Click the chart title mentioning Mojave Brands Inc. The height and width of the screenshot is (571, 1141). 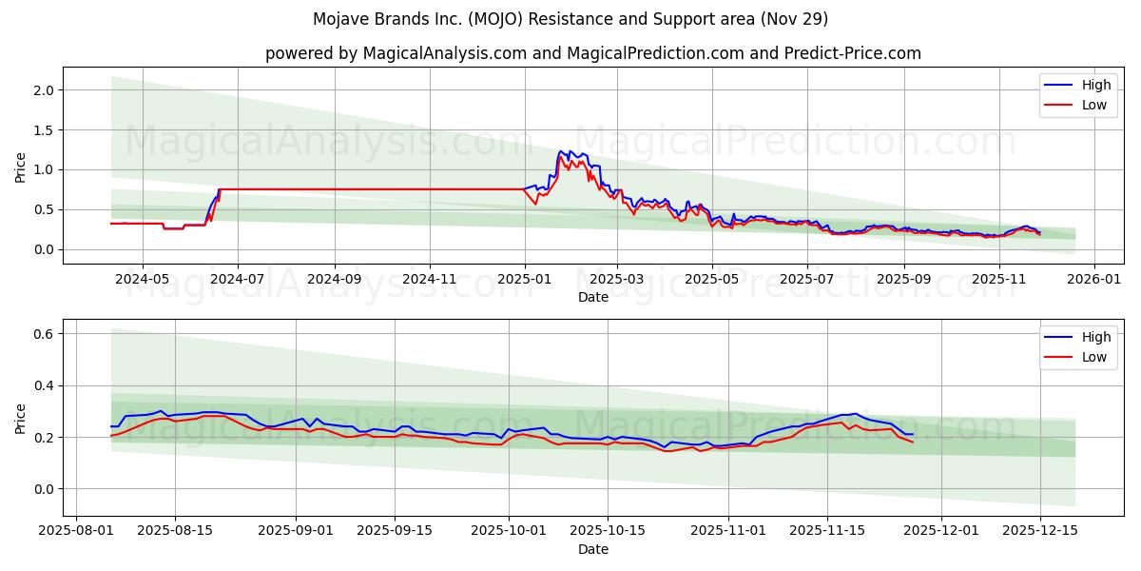pos(570,19)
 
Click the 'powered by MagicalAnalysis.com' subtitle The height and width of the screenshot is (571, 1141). pos(593,53)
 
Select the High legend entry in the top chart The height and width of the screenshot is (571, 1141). pos(1095,85)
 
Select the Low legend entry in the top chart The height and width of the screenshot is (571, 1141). pos(1093,105)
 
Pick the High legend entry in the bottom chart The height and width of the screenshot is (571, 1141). pos(1095,337)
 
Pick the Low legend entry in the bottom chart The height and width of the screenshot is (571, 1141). pos(1093,357)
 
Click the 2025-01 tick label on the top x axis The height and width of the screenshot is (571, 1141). pos(525,279)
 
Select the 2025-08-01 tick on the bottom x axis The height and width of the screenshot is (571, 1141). pos(76,531)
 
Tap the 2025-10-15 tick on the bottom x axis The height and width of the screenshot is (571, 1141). pos(608,531)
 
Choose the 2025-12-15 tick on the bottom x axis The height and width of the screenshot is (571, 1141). pos(1040,531)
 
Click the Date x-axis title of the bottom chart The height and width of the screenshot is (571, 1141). pos(593,549)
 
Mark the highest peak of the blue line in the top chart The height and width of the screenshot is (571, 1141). pos(561,150)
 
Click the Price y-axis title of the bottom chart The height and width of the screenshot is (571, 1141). pos(20,418)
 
